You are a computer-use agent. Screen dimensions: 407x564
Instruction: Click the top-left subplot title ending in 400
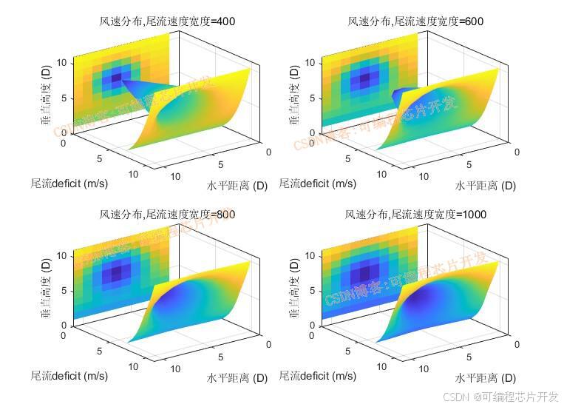tap(167, 21)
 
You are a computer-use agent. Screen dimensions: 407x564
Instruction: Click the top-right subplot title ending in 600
tap(415, 21)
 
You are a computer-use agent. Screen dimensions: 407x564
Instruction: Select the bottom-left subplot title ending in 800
tap(167, 215)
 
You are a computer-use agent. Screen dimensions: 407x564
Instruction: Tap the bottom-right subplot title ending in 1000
tap(415, 215)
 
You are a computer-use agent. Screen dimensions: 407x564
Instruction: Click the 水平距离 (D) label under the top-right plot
tap(485, 186)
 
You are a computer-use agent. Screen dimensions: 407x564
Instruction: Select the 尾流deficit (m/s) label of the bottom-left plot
tap(69, 375)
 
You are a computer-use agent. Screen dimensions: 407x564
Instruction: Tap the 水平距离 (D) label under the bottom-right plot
tap(485, 378)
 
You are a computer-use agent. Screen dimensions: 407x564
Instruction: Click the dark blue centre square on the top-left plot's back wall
tap(115, 78)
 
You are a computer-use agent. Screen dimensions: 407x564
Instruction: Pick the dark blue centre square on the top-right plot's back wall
tap(364, 78)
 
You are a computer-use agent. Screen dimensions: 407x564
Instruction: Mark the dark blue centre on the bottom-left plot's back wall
tap(115, 273)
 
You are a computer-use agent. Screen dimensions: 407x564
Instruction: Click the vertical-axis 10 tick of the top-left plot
tap(64, 63)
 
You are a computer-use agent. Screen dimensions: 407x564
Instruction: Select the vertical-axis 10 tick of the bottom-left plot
tap(64, 256)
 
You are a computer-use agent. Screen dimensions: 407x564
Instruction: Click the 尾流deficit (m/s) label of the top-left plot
tap(69, 183)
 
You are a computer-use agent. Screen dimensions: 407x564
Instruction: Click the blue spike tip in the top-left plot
tap(123, 83)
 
